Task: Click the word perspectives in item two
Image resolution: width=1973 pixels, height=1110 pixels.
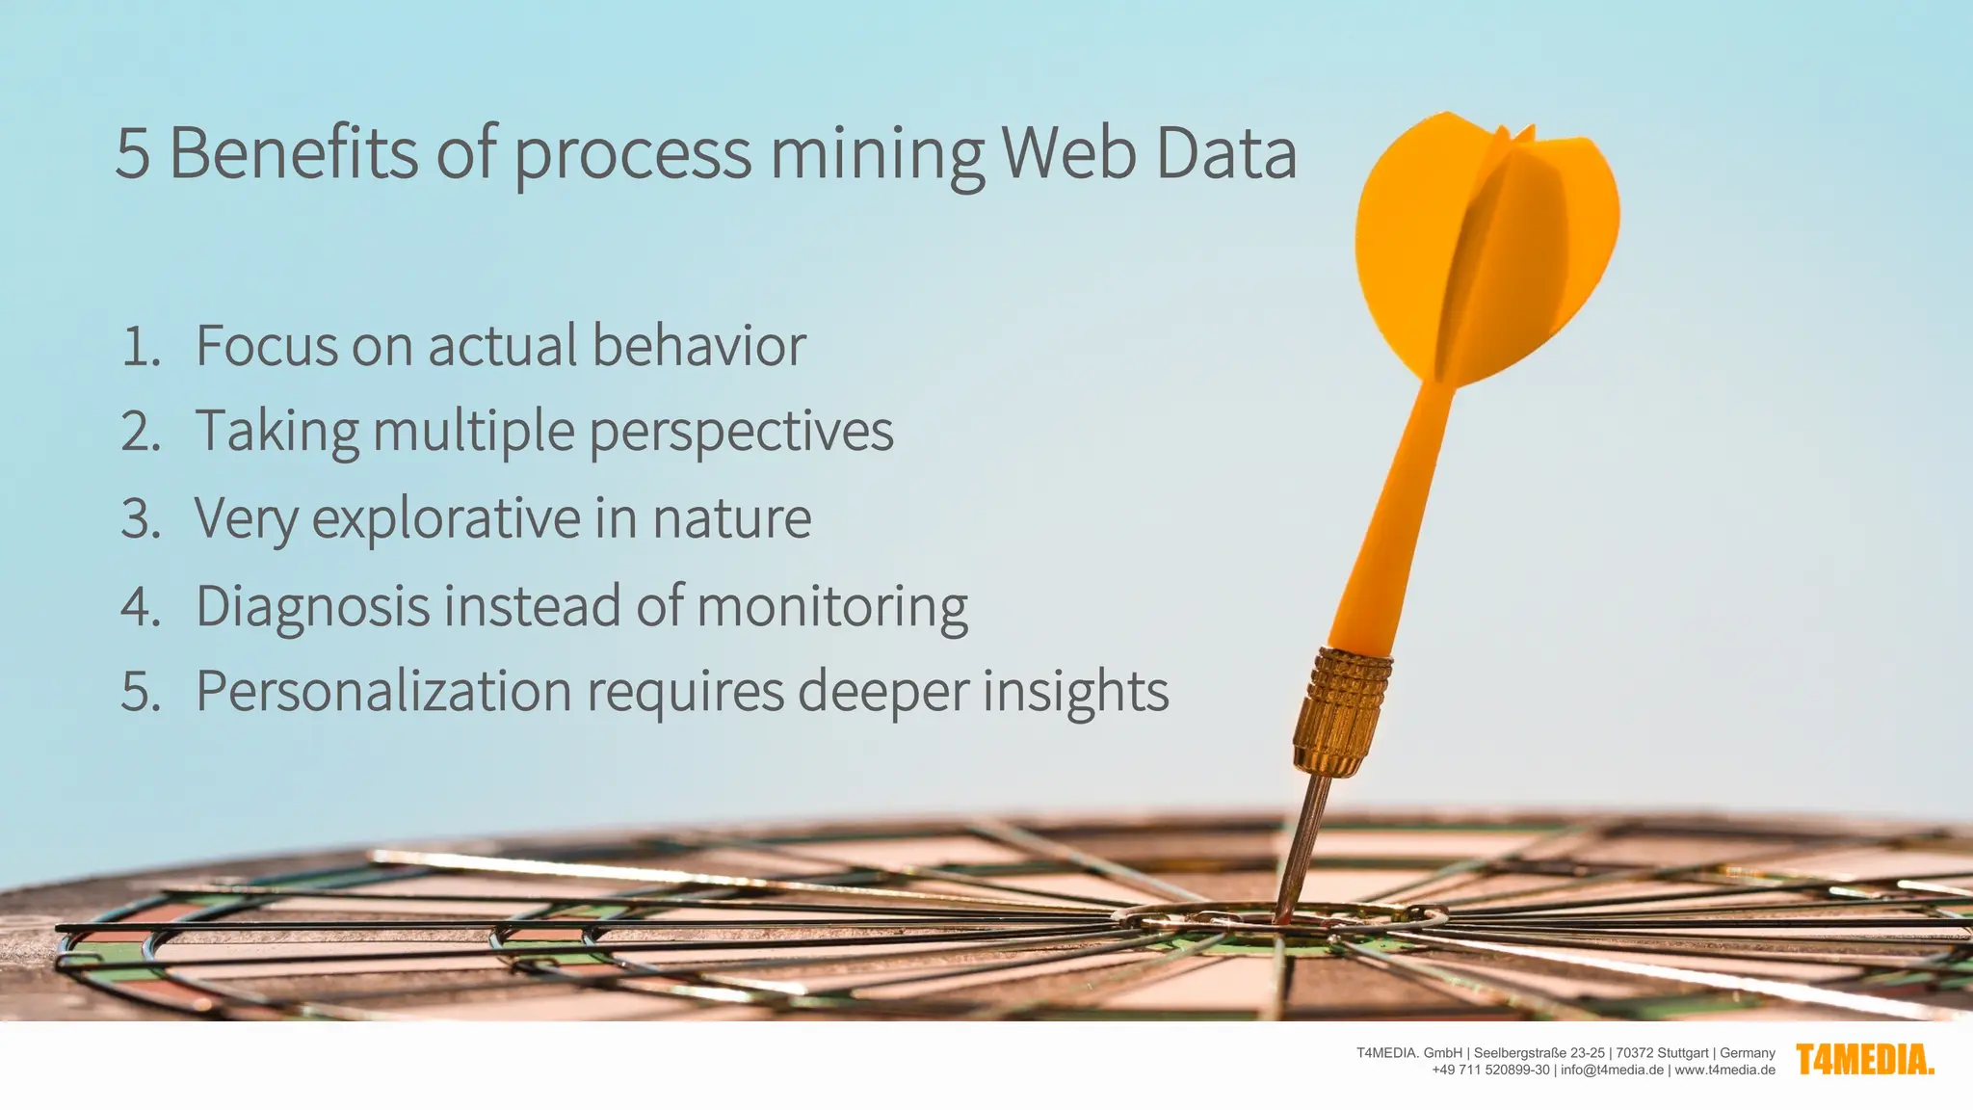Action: [741, 434]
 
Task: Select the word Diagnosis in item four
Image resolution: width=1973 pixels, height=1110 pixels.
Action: [312, 608]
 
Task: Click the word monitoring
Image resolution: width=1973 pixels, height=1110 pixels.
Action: [832, 608]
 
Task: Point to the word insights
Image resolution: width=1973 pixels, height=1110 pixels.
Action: [1075, 694]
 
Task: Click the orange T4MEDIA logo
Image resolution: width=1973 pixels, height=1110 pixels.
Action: [1865, 1060]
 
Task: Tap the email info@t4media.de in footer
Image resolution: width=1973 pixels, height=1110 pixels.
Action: [1612, 1070]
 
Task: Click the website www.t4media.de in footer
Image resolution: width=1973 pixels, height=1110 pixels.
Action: [1724, 1070]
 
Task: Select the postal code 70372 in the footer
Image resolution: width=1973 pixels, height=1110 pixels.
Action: [1635, 1053]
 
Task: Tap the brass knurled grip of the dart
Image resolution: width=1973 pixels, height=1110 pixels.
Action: [1341, 711]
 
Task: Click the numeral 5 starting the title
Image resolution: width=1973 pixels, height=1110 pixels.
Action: [132, 154]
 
